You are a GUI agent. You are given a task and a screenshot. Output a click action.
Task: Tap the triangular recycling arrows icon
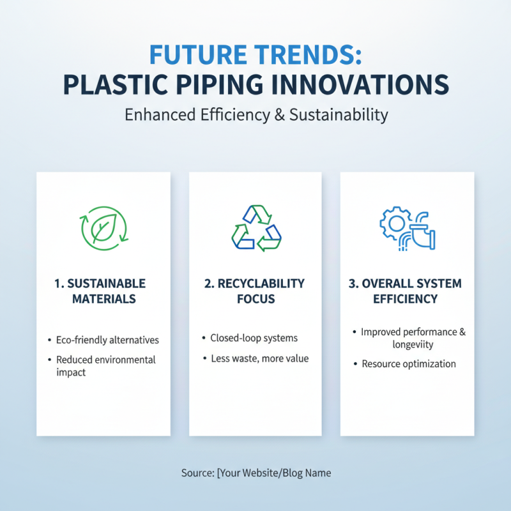click(x=255, y=228)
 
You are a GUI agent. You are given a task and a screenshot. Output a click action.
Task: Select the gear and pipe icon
click(x=407, y=229)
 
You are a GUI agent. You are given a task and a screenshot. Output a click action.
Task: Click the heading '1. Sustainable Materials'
click(x=103, y=291)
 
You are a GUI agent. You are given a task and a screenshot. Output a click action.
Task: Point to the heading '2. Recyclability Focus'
click(x=255, y=291)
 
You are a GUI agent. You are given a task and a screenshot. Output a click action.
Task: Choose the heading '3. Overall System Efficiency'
click(x=407, y=291)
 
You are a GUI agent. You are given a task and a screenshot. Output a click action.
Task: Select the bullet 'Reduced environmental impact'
click(x=105, y=365)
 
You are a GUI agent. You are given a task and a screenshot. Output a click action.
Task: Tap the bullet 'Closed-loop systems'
click(x=254, y=338)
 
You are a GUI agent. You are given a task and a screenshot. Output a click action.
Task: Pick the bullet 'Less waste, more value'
click(x=259, y=358)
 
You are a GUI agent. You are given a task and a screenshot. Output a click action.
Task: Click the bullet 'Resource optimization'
click(x=409, y=363)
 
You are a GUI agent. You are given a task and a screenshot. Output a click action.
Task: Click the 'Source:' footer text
click(x=197, y=473)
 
